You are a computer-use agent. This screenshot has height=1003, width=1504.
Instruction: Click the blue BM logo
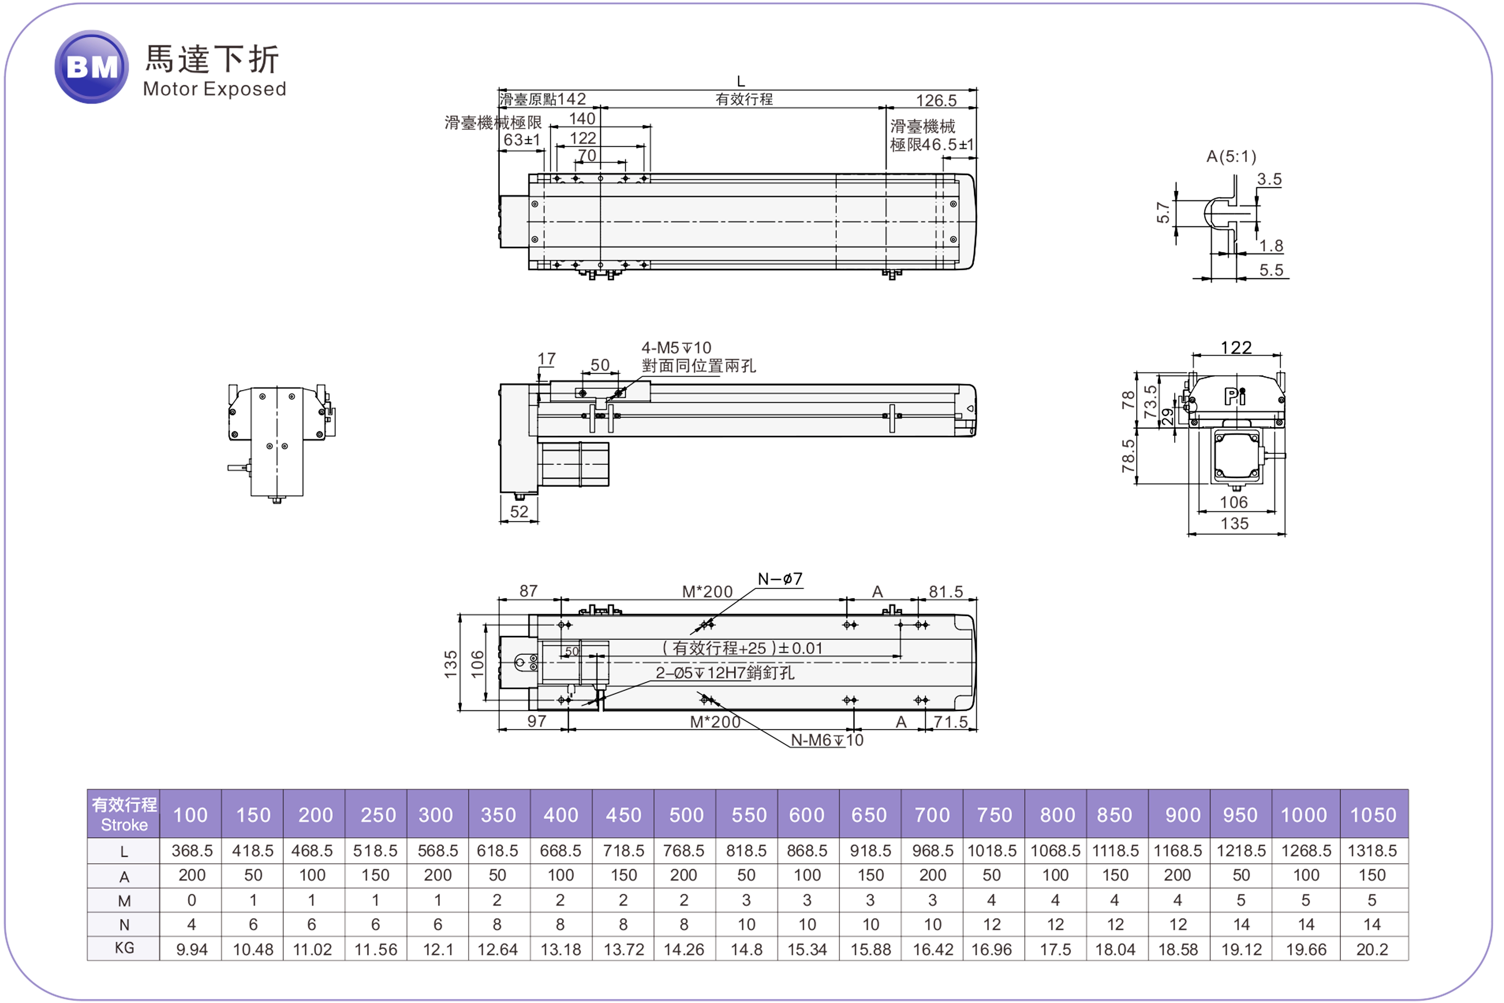coord(92,66)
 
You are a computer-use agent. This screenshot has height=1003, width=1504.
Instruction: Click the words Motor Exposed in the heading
coord(214,89)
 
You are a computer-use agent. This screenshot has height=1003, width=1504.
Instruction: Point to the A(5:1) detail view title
coord(1231,157)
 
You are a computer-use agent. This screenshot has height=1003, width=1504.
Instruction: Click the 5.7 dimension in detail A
coord(1163,212)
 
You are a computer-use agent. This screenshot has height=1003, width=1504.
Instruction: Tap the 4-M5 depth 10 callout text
coord(676,348)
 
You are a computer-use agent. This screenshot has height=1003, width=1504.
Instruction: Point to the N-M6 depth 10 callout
coord(827,740)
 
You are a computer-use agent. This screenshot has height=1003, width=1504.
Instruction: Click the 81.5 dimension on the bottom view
coord(946,592)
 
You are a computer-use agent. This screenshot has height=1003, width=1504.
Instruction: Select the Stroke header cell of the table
coord(124,814)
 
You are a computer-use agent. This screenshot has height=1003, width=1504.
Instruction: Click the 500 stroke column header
coord(686,815)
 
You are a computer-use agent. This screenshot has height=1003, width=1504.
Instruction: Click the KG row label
coord(124,948)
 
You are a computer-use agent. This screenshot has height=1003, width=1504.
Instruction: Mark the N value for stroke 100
coord(191,924)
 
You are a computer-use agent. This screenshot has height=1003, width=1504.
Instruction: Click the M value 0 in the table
coord(191,900)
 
